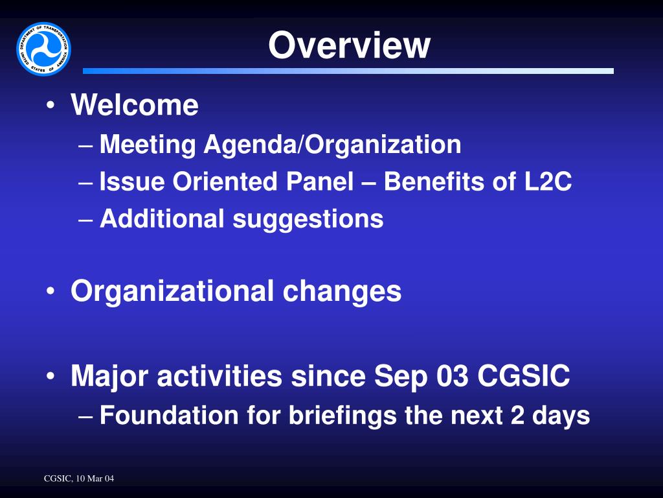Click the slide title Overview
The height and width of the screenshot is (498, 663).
[x=349, y=45]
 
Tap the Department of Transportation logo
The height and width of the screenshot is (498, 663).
[x=43, y=49]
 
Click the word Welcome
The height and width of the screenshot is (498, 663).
[x=135, y=105]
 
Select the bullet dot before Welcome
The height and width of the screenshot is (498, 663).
[x=51, y=106]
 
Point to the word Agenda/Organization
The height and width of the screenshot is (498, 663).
[x=332, y=145]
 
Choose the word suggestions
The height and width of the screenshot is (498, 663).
[x=308, y=220]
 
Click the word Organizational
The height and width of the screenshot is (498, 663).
[x=172, y=291]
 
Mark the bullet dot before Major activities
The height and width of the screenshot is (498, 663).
[x=51, y=377]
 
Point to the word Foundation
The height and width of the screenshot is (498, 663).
[x=169, y=415]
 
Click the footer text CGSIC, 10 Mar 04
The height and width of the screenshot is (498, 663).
[x=78, y=479]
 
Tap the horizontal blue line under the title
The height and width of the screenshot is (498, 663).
[x=348, y=71]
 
